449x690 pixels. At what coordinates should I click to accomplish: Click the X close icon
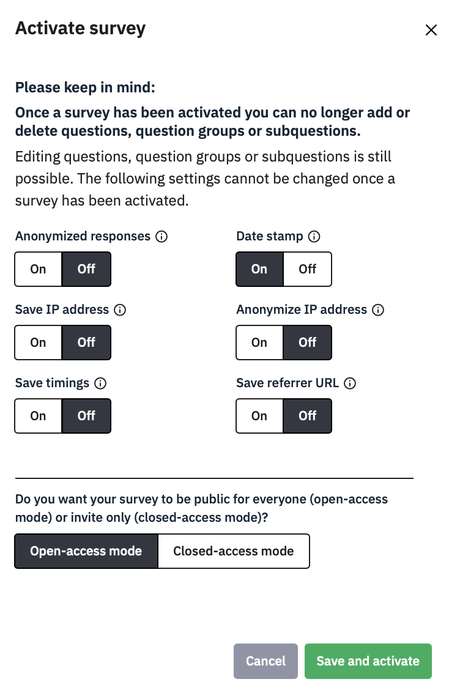click(x=431, y=30)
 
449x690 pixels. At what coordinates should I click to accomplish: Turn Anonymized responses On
click(x=38, y=269)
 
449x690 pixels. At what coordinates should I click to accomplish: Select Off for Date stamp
click(x=308, y=269)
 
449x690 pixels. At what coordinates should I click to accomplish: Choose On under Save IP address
click(x=38, y=343)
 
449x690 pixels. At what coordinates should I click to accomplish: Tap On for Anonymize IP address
click(x=259, y=343)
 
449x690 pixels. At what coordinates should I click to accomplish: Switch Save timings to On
click(x=38, y=416)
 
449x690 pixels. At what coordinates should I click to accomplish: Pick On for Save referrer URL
click(x=259, y=416)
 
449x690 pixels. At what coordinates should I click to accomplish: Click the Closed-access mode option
click(x=234, y=551)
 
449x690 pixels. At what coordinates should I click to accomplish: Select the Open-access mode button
click(x=86, y=551)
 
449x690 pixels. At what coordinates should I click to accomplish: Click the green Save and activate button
click(x=368, y=661)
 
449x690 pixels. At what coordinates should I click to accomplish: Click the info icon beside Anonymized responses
click(x=161, y=237)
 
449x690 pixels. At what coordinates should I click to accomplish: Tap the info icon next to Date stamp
click(x=314, y=237)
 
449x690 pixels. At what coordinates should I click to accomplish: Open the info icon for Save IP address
click(x=120, y=310)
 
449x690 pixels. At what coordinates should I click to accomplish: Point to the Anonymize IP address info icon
click(x=378, y=310)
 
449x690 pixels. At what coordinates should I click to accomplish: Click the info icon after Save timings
click(x=100, y=384)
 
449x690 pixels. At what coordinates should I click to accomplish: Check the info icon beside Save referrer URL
click(x=350, y=384)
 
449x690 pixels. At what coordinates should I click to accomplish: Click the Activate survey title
click(x=80, y=28)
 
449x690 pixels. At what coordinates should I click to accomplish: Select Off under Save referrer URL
click(x=308, y=416)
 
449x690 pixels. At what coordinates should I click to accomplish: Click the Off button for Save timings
click(x=86, y=416)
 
